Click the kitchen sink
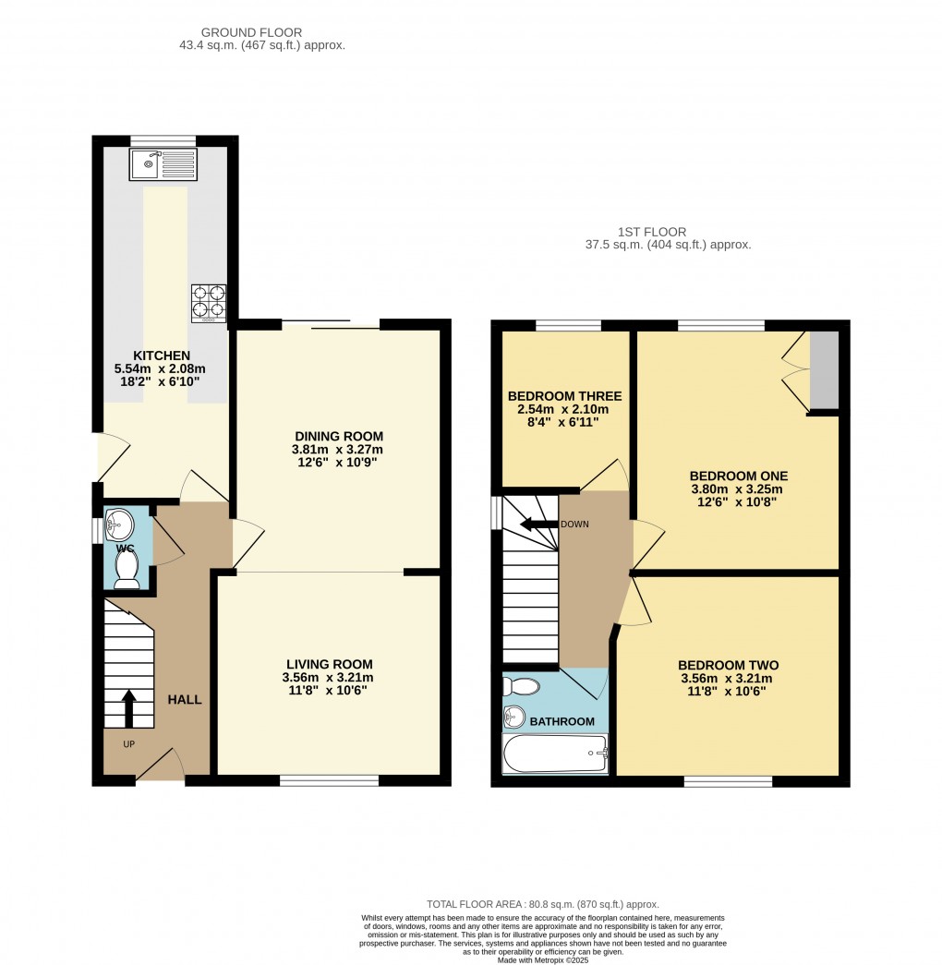(163, 165)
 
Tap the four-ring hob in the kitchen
(208, 304)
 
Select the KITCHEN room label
(162, 356)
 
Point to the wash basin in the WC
(120, 526)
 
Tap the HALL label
(184, 699)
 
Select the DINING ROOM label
(338, 436)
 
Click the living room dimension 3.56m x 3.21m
(330, 677)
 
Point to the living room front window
(330, 781)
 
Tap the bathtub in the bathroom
(555, 754)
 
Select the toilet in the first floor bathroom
(523, 687)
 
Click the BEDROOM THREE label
(564, 396)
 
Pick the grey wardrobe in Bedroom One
(824, 370)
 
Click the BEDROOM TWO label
(728, 665)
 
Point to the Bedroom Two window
(728, 781)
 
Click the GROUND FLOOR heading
(251, 32)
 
